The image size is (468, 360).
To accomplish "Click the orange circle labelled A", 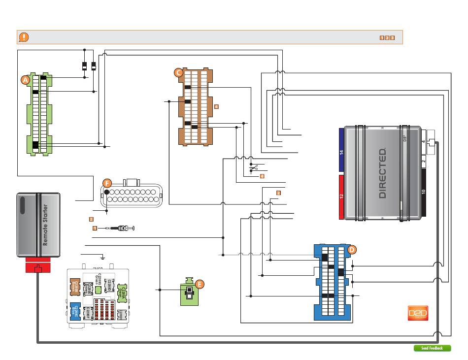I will point(25,79).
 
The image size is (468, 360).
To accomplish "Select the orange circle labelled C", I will point(179,73).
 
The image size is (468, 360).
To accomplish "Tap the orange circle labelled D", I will point(351,250).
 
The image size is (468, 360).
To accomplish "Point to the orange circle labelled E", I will point(199,284).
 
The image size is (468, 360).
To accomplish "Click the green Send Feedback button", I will point(432,348).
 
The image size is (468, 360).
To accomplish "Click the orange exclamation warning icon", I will point(24,37).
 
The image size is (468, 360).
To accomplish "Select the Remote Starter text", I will point(45,225).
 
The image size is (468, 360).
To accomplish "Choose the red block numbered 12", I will point(341,196).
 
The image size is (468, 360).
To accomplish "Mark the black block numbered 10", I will point(424,192).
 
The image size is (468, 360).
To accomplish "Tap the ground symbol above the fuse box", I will point(102,257).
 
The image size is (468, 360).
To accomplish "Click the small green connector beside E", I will point(187,294).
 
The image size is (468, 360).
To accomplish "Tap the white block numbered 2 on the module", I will point(424,161).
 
